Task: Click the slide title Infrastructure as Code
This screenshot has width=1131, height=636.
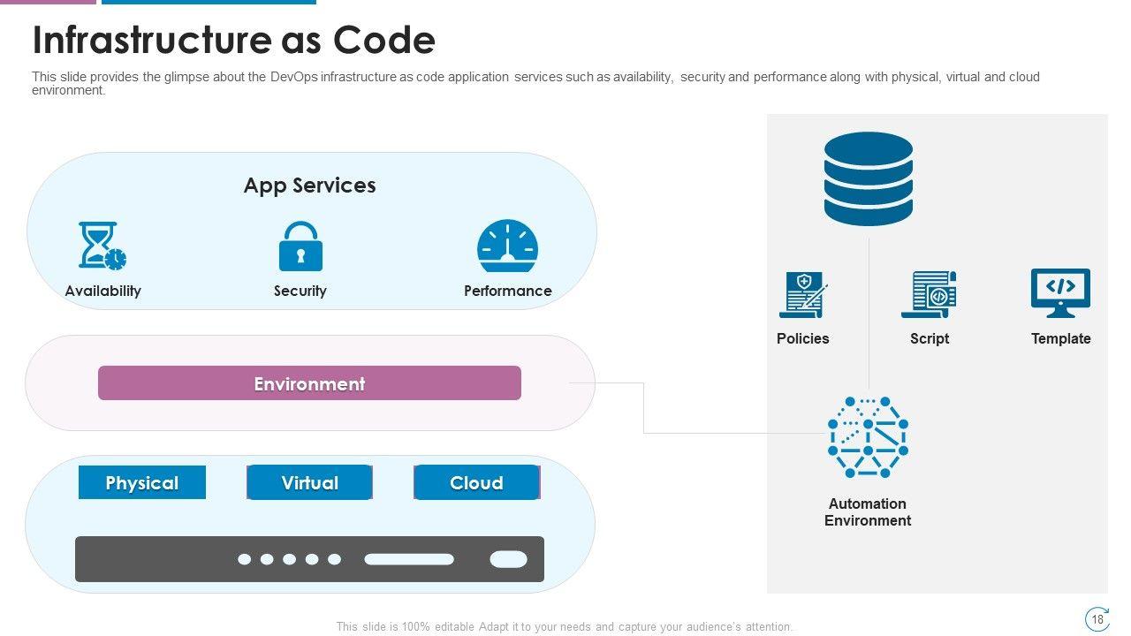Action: [233, 41]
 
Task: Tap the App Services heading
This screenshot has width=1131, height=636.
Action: [309, 185]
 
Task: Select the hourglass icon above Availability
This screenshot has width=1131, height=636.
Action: [102, 246]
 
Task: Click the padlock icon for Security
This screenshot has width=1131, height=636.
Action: [300, 246]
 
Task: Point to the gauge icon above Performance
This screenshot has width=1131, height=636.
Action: [507, 246]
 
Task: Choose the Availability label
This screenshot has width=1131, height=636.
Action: [102, 291]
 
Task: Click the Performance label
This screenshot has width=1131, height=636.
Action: [507, 291]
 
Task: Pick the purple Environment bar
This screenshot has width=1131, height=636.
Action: [309, 383]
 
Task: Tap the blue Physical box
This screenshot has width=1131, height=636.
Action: [141, 482]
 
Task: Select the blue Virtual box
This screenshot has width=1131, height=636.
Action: [309, 482]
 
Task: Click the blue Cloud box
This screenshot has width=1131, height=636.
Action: [476, 482]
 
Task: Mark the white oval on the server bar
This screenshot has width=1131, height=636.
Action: [508, 559]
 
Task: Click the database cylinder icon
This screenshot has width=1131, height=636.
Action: [868, 178]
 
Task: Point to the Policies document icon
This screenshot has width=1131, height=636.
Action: [802, 295]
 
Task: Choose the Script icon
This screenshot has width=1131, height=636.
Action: [929, 294]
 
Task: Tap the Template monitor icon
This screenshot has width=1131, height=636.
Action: [1060, 293]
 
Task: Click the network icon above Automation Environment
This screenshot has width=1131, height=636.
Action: [868, 437]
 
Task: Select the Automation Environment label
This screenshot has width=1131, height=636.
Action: [868, 512]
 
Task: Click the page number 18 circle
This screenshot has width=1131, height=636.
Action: [1097, 619]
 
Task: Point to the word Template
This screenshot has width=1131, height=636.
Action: [1060, 338]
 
